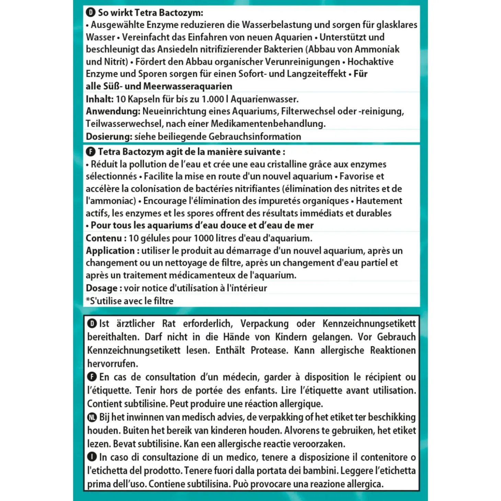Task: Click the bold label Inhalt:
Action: pos(100,99)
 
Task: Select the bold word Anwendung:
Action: pos(113,112)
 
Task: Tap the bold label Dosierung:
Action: pos(109,137)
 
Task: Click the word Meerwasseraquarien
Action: pos(188,86)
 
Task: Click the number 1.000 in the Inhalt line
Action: pos(213,99)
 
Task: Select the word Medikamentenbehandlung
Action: pos(268,124)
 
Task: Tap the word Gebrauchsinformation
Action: pos(255,137)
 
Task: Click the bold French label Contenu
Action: pos(104,238)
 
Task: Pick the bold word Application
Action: pos(110,250)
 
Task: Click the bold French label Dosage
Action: pos(102,288)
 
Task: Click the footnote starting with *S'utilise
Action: pos(130,301)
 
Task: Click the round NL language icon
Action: pos(92,417)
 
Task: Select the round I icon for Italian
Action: pos(92,457)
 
